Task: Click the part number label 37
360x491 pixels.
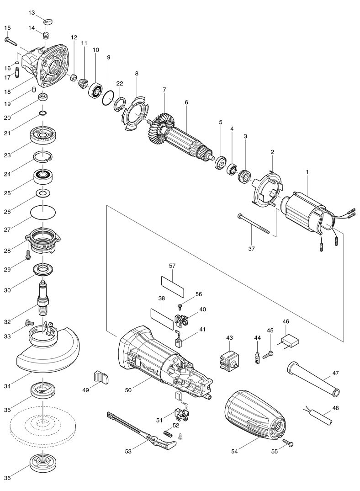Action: pos(252,249)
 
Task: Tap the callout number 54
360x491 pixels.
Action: pos(234,451)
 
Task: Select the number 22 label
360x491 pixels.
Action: pos(120,83)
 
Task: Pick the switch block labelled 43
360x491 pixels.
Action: pos(229,361)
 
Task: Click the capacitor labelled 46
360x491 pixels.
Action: pos(289,341)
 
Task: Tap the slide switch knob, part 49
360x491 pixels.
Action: pos(101,378)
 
